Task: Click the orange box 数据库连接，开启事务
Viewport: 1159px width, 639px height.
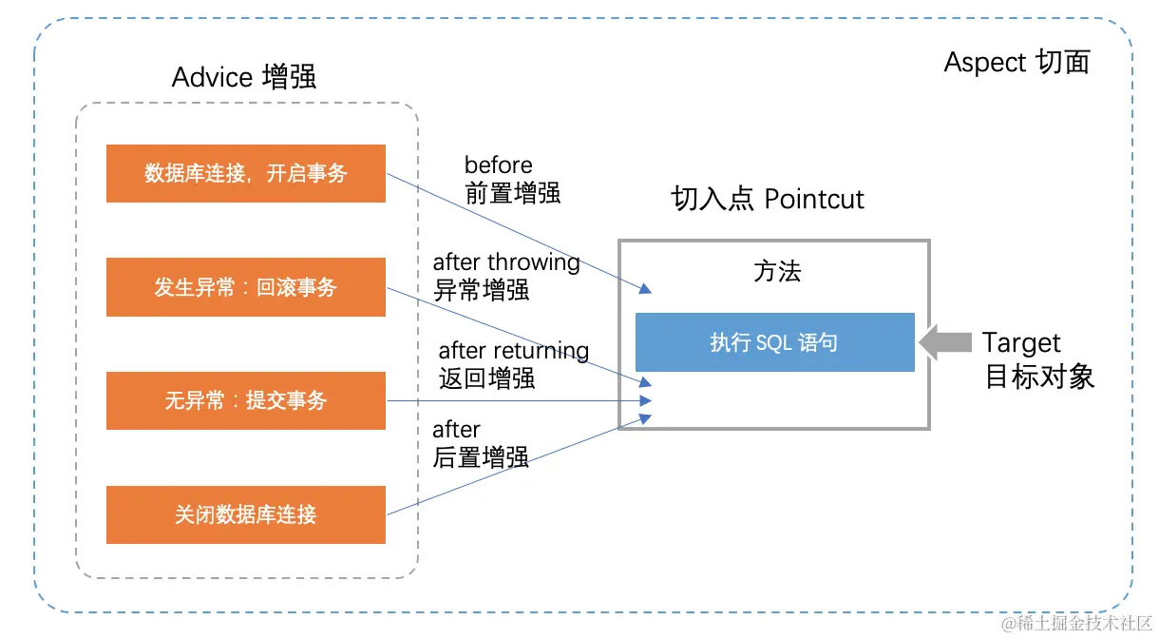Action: [245, 173]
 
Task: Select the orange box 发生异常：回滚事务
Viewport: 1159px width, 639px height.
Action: [245, 287]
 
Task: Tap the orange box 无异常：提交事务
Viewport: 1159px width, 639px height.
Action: [245, 401]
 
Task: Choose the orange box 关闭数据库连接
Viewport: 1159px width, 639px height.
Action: [245, 515]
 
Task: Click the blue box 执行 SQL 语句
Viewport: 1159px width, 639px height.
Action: [774, 342]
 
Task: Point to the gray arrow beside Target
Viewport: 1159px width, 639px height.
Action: [945, 342]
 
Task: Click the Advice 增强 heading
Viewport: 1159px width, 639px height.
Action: [244, 77]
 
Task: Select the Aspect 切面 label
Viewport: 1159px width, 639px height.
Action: [1016, 63]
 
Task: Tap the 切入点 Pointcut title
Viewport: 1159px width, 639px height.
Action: [768, 199]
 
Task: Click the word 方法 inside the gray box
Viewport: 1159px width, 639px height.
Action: [777, 272]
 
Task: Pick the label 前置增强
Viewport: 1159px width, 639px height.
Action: [512, 193]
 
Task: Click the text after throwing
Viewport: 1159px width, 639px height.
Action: [506, 261]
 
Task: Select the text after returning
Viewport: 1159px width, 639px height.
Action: [513, 351]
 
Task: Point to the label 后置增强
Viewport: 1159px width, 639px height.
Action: [481, 457]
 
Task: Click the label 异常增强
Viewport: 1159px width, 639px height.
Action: [481, 290]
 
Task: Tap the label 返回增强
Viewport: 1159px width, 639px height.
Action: [486, 378]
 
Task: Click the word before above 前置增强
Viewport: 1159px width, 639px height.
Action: [498, 165]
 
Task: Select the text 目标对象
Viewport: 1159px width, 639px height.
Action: [1039, 377]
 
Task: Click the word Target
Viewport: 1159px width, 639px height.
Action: [1021, 342]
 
